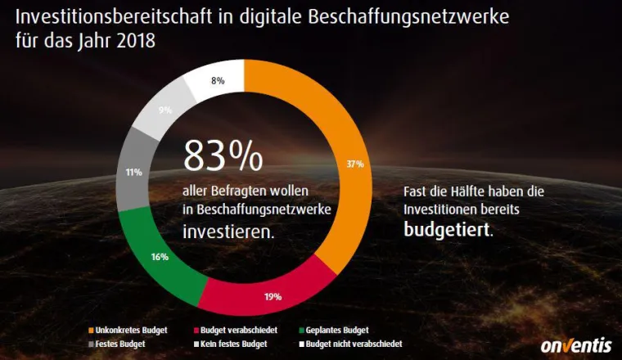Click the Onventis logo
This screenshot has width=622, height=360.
coord(576,344)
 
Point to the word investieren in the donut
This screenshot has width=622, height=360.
coord(228,232)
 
